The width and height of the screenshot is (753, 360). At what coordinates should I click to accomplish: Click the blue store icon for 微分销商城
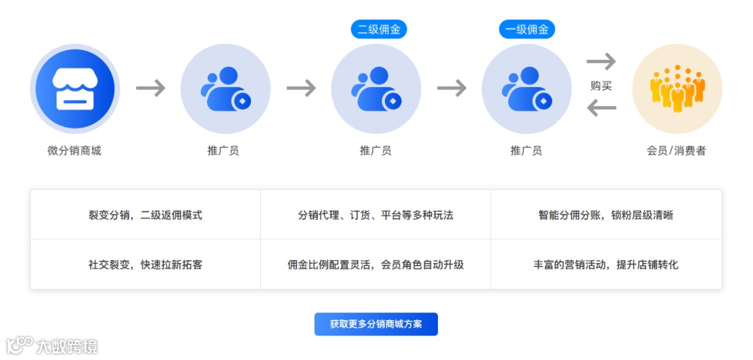coord(75,89)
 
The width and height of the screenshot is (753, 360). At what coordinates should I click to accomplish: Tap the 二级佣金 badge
coord(379,29)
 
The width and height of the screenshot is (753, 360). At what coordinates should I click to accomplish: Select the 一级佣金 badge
coord(527,29)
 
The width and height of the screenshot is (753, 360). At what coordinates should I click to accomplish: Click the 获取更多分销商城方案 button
coord(376,324)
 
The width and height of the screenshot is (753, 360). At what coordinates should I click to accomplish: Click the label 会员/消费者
coord(676,151)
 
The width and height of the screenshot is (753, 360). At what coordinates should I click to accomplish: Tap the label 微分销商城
coord(75,151)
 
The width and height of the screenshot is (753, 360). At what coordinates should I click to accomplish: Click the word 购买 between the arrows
coord(601,86)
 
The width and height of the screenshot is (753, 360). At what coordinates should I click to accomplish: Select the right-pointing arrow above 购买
coord(601,61)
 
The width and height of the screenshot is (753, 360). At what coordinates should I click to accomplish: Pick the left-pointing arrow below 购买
coord(601,108)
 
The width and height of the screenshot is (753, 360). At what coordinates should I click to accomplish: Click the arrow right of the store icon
coord(151,88)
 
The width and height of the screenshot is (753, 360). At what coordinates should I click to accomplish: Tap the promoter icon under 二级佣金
coord(376,89)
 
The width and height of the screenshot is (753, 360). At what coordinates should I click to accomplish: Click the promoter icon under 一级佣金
coord(526,89)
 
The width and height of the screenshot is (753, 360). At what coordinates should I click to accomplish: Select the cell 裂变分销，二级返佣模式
coord(145,215)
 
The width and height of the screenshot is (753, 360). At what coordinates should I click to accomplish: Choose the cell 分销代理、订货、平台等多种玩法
coord(376,215)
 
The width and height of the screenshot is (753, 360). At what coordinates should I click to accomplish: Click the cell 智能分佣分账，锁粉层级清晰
coord(606,215)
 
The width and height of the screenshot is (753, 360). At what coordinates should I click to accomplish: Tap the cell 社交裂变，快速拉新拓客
coord(145,264)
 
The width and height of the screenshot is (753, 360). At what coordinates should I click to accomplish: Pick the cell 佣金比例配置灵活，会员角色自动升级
coord(376,264)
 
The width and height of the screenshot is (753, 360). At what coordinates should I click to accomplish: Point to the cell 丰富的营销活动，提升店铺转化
coord(606,264)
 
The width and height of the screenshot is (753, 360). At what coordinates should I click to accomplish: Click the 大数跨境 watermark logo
coord(52,345)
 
